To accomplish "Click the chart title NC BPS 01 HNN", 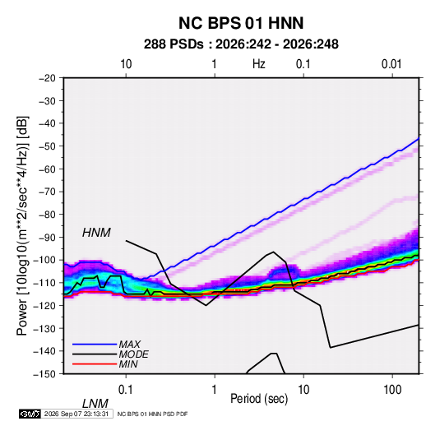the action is click(x=241, y=23).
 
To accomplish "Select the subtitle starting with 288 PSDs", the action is click(x=241, y=44).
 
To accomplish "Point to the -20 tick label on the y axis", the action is click(x=47, y=78).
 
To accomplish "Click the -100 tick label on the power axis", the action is click(x=44, y=260).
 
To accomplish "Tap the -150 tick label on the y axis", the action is click(x=44, y=374).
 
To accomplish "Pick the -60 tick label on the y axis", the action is click(x=47, y=169).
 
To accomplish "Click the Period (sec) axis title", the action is click(x=259, y=399).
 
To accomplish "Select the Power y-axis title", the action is click(x=22, y=226).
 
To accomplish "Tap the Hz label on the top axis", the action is click(x=259, y=64).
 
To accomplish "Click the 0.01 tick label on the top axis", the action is click(x=391, y=64).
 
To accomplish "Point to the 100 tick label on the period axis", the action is click(x=392, y=390).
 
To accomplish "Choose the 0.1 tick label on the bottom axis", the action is click(x=126, y=390).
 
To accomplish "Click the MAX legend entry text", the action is click(x=130, y=344).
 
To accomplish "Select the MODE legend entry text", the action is click(x=133, y=354).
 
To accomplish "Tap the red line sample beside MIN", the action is click(x=95, y=364).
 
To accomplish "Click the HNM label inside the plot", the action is click(x=96, y=233).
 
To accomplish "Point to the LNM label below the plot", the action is click(x=95, y=404).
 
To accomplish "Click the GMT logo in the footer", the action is click(x=30, y=414).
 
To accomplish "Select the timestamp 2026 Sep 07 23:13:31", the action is click(x=76, y=414).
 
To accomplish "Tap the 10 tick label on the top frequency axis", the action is click(x=126, y=64).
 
